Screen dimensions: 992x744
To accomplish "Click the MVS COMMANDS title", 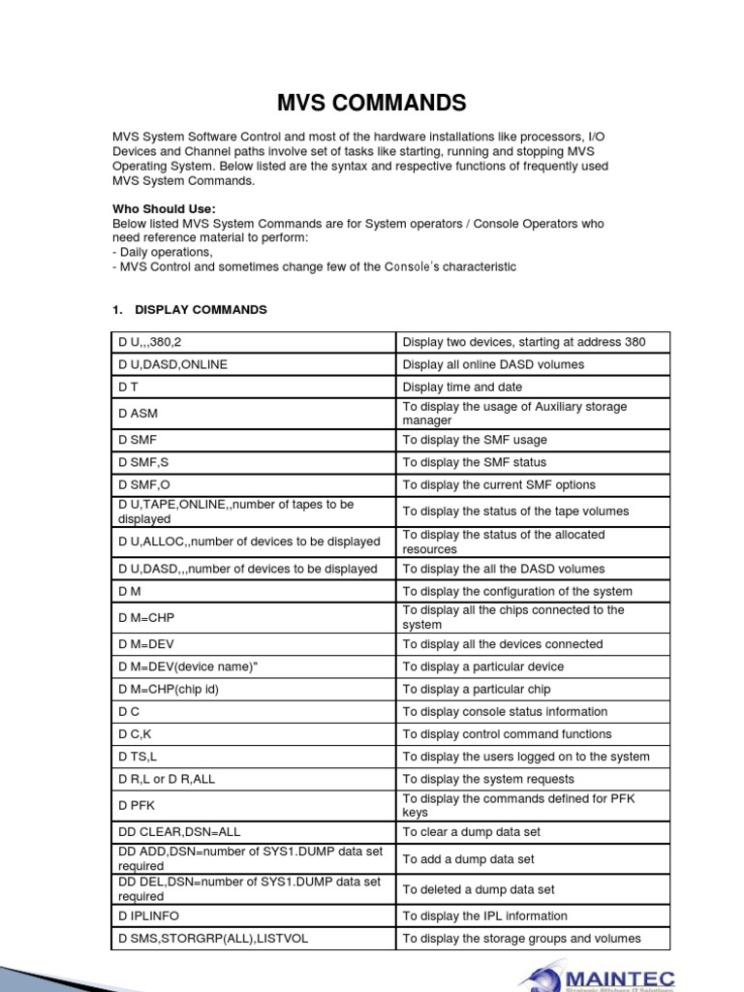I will pos(371,103).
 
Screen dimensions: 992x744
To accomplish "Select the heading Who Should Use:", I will pos(165,209).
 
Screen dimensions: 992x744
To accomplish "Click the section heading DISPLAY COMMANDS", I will pos(201,310).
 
